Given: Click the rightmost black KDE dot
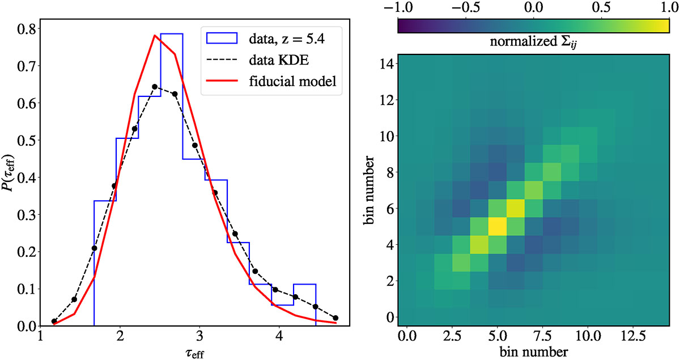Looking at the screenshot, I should (x=336, y=318).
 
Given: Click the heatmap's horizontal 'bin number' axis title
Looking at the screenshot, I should (x=534, y=351).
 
